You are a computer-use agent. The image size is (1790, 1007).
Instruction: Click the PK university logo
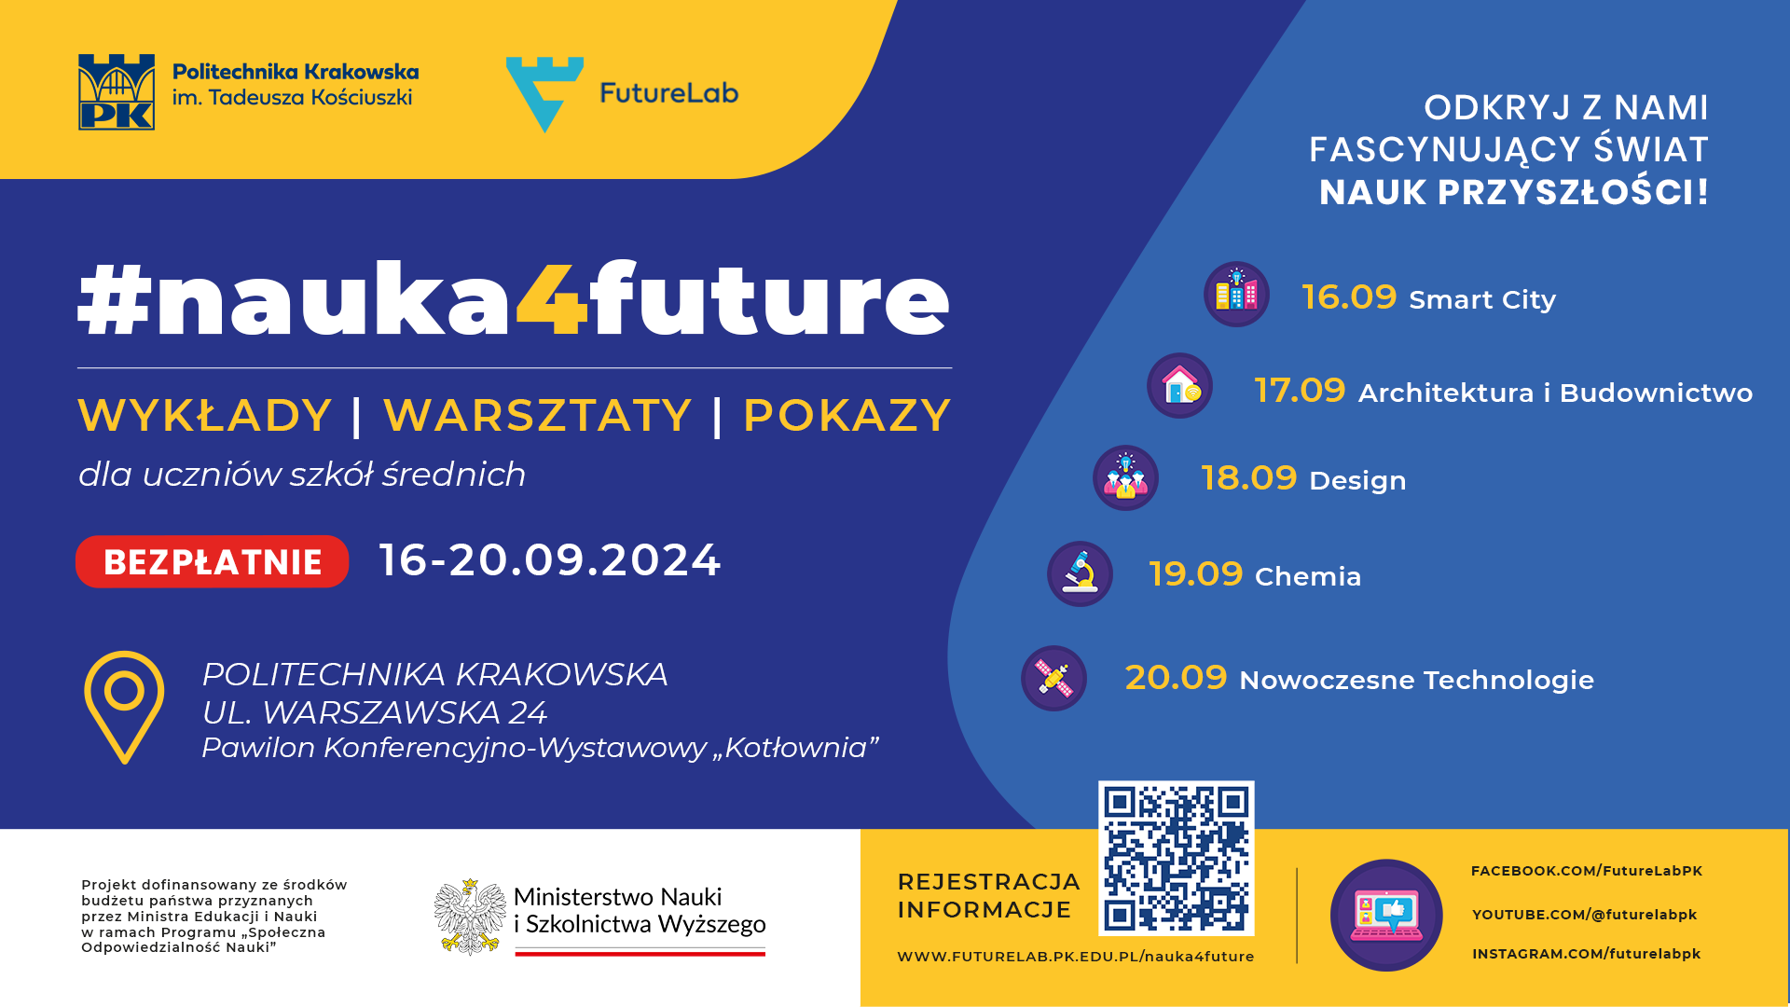[x=117, y=92]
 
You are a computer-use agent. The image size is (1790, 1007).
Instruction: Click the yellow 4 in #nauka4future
[x=552, y=298]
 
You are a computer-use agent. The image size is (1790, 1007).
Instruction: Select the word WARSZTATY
[x=537, y=416]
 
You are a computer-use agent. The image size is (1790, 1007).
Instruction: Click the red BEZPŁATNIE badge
[x=213, y=561]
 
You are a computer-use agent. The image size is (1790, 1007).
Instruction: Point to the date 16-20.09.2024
[x=550, y=560]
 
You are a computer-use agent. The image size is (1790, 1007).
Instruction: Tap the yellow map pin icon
[x=124, y=707]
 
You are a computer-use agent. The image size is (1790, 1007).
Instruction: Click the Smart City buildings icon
[x=1236, y=295]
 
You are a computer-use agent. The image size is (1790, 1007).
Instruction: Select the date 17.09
[x=1300, y=391]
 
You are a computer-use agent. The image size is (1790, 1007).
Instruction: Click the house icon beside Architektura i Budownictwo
[x=1180, y=385]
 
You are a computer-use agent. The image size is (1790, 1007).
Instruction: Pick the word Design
[x=1357, y=481]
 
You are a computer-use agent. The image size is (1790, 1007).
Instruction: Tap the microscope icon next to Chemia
[x=1081, y=574]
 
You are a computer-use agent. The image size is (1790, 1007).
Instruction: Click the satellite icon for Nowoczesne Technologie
[x=1054, y=679]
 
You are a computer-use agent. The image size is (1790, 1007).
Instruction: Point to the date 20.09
[x=1176, y=678]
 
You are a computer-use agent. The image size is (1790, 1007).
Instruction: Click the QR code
[x=1177, y=858]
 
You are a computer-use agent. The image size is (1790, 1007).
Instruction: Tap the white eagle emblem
[x=471, y=917]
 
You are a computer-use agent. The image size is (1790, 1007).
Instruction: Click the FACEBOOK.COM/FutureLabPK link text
[x=1587, y=871]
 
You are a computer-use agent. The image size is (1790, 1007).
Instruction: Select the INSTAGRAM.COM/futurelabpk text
[x=1587, y=954]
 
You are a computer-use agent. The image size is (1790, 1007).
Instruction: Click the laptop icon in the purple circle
[x=1386, y=916]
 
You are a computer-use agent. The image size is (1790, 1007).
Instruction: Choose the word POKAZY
[x=847, y=416]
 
